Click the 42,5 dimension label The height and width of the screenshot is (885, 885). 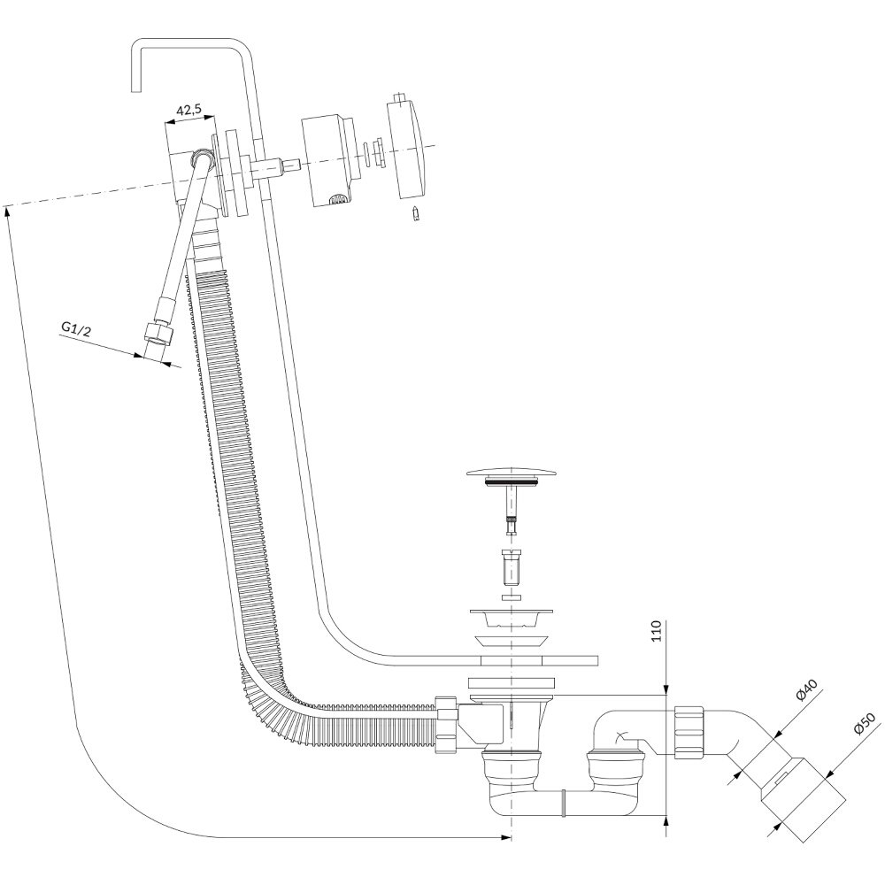(x=189, y=110)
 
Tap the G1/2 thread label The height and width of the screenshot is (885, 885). (x=75, y=328)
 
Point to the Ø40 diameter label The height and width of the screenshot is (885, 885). (x=809, y=689)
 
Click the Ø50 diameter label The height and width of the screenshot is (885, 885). (x=864, y=724)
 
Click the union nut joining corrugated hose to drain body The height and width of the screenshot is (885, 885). (x=446, y=723)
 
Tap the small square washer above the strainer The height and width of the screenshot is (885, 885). (x=512, y=596)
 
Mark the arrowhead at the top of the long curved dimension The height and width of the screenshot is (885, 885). (x=7, y=212)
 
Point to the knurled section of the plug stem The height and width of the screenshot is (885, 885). (x=512, y=518)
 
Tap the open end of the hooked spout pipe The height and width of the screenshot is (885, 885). (x=136, y=90)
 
